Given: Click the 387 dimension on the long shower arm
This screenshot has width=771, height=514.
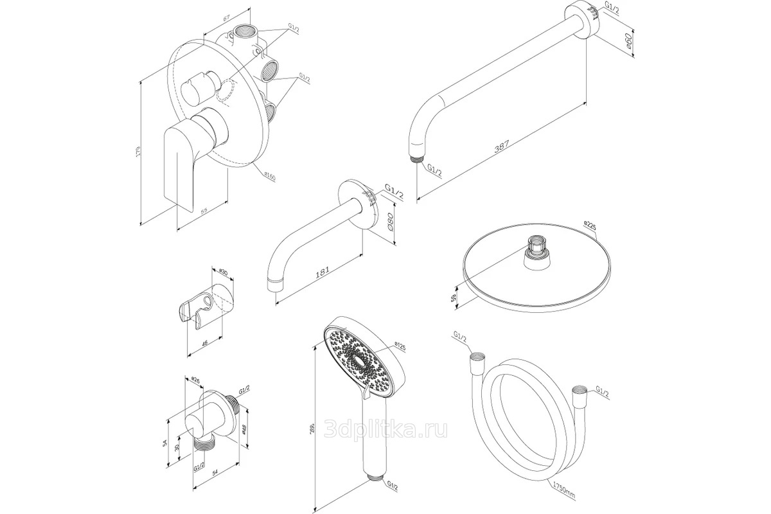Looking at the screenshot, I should [502, 146].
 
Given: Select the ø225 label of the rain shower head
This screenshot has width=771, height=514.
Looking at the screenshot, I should [591, 224].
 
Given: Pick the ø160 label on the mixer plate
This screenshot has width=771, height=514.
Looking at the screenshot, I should [268, 176].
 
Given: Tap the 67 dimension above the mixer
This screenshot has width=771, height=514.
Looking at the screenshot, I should [227, 19].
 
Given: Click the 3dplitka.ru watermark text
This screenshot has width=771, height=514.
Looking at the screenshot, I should [387, 430].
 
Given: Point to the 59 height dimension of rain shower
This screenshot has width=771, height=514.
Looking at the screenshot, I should [454, 297].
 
